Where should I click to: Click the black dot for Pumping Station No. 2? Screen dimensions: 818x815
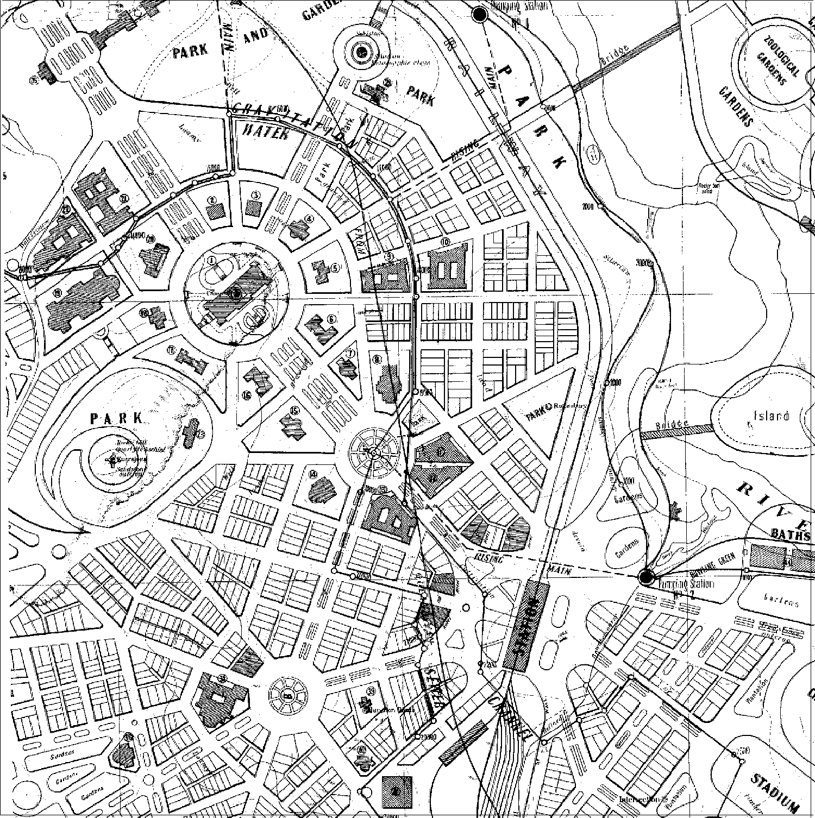pyautogui.click(x=646, y=577)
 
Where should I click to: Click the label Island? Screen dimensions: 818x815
pyautogui.click(x=771, y=416)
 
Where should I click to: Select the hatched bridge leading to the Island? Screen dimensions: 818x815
pyautogui.click(x=677, y=430)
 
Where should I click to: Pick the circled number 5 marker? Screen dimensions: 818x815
pyautogui.click(x=335, y=267)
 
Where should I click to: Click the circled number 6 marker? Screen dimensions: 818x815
pyautogui.click(x=332, y=318)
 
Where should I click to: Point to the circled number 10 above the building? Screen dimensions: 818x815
pyautogui.click(x=446, y=242)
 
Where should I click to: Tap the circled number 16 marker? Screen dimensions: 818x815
pyautogui.click(x=247, y=395)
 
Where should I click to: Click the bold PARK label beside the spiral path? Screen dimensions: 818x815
pyautogui.click(x=117, y=418)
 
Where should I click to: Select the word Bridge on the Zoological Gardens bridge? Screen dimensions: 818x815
pyautogui.click(x=616, y=55)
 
